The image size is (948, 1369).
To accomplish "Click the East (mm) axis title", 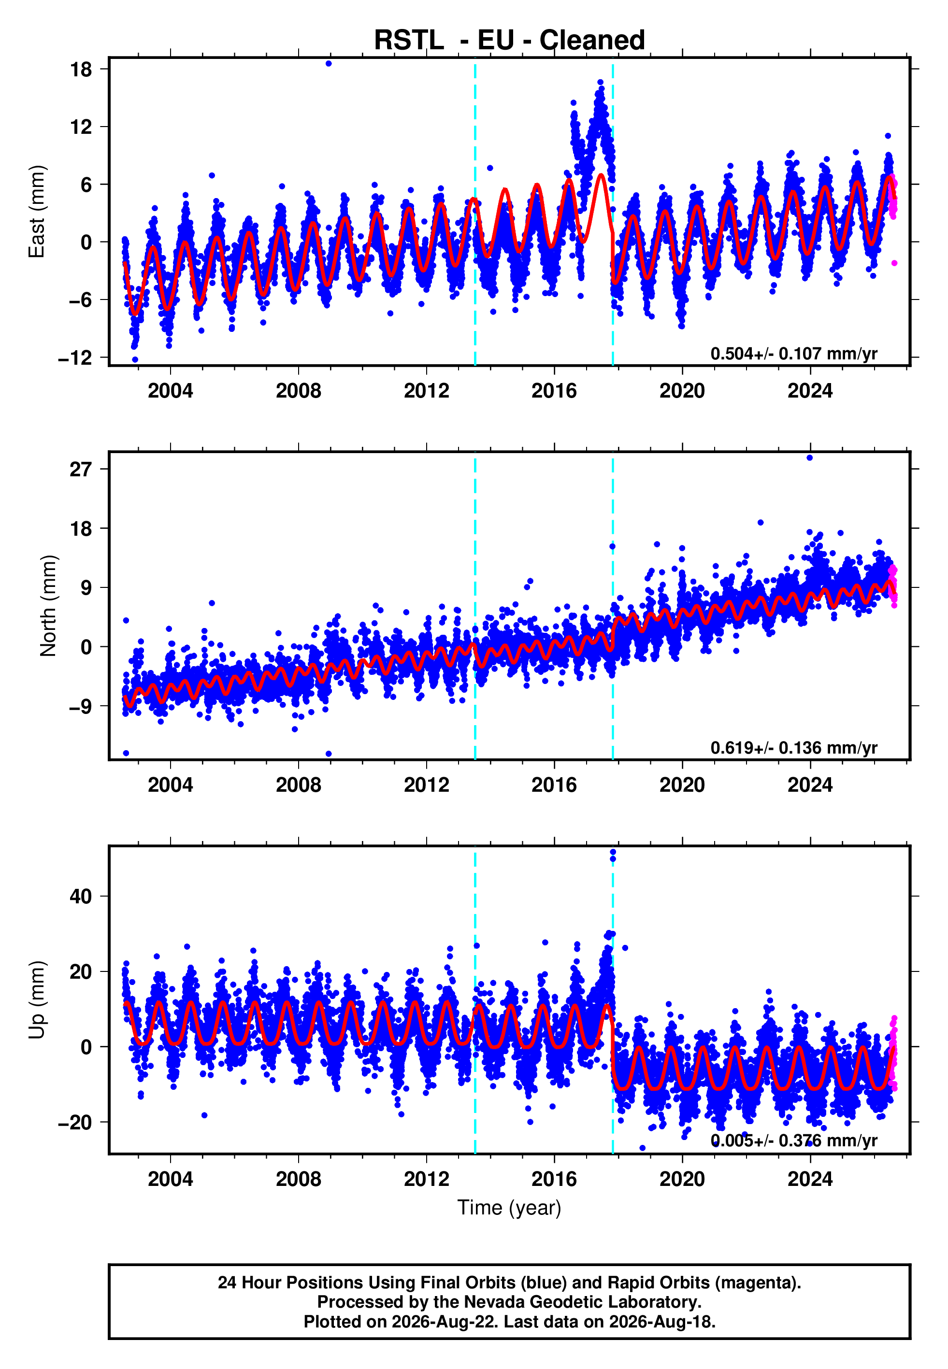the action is pyautogui.click(x=37, y=212).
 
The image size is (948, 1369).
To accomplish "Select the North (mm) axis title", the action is pyautogui.click(x=48, y=606).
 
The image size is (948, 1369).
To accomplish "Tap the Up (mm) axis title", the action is pyautogui.click(x=37, y=1000).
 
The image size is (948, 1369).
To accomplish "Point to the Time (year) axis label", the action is pyautogui.click(x=509, y=1208).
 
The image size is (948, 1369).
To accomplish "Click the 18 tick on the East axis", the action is pyautogui.click(x=81, y=69).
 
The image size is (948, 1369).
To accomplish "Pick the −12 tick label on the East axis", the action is pyautogui.click(x=75, y=358).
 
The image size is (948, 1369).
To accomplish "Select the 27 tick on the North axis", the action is pyautogui.click(x=81, y=470).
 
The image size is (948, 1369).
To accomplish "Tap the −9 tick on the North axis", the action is pyautogui.click(x=81, y=706).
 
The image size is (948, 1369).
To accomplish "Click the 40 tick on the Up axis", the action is pyautogui.click(x=81, y=897).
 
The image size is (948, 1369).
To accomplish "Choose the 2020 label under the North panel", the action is pyautogui.click(x=682, y=785).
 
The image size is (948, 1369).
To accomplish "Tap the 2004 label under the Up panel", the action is pyautogui.click(x=171, y=1179).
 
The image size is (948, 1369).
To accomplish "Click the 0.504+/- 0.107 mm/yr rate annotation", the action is pyautogui.click(x=793, y=354).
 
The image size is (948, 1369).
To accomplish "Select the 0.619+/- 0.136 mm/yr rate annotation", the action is pyautogui.click(x=793, y=748).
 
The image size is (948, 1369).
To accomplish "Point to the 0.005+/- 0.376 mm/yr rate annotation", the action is pyautogui.click(x=793, y=1141).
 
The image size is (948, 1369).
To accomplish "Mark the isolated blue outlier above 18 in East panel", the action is pyautogui.click(x=329, y=63).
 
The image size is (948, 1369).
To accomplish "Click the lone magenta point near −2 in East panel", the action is pyautogui.click(x=894, y=263).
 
